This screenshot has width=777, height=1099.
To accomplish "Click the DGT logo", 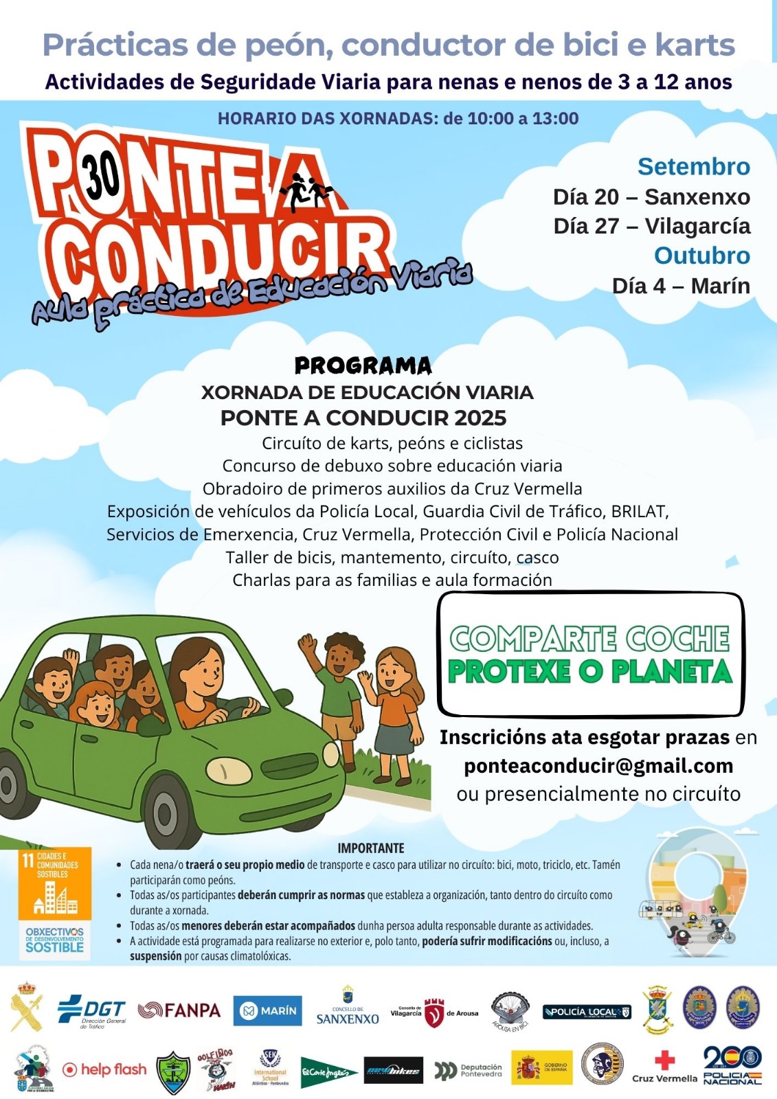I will click(x=92, y=1011).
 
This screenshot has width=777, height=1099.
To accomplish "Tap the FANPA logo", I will click(x=179, y=1010).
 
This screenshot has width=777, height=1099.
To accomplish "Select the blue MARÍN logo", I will click(x=267, y=1011).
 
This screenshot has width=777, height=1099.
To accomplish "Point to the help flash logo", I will click(x=104, y=1069).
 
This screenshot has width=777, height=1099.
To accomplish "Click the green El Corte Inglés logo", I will click(x=329, y=1072).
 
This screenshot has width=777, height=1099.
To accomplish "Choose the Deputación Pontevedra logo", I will click(x=469, y=1071).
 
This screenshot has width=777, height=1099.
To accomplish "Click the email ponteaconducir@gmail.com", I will click(x=598, y=766).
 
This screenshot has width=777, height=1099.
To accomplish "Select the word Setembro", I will click(x=693, y=167).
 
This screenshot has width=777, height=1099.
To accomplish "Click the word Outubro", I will click(x=701, y=256).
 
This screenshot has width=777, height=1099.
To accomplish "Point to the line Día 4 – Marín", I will click(x=681, y=286).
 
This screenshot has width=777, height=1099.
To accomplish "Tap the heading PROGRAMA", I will click(x=363, y=366).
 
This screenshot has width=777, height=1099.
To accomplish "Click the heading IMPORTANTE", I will click(x=371, y=848).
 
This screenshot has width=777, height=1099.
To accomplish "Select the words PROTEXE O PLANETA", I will click(x=590, y=672).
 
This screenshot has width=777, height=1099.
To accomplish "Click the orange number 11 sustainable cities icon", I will click(x=54, y=885).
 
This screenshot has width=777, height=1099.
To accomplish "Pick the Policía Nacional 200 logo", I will click(x=732, y=1066).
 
